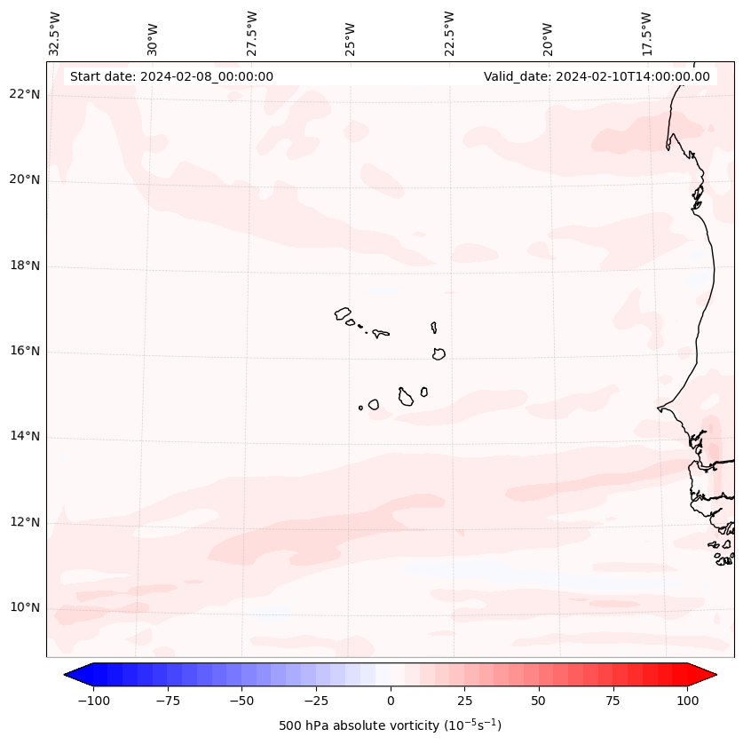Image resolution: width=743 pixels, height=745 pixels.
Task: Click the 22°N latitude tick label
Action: coord(24,94)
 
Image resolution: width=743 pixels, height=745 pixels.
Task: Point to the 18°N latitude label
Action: coord(24,266)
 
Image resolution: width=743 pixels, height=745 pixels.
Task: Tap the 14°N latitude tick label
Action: coord(24,436)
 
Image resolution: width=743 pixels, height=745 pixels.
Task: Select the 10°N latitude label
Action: coord(24,607)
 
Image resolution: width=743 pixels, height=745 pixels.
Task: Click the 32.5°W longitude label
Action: coord(55,34)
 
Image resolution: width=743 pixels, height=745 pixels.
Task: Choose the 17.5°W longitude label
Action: coord(646,34)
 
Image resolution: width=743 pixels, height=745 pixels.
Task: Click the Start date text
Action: coord(171,76)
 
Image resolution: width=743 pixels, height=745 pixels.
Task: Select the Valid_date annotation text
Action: coord(597,76)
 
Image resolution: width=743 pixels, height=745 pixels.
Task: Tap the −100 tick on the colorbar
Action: coord(93,701)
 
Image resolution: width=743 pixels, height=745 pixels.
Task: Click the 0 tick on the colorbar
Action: coord(390,701)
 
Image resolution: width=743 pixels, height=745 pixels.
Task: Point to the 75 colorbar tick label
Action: coord(613,701)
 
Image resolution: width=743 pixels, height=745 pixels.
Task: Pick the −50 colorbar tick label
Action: coord(241,701)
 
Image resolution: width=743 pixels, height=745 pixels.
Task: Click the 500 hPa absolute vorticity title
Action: coord(390,725)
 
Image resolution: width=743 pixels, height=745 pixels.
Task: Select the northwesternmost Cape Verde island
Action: coord(343,313)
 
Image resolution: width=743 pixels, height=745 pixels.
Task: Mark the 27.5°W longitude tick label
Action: coord(252,34)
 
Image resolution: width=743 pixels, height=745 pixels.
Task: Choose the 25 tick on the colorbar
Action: coord(464,701)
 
